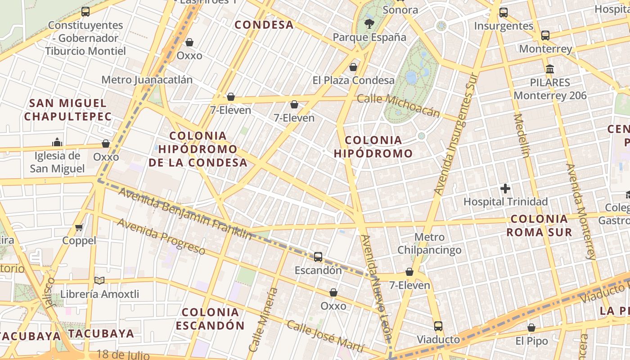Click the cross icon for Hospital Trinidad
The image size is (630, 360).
click(505, 189)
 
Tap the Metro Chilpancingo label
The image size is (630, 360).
click(429, 243)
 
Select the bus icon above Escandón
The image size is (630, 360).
click(318, 257)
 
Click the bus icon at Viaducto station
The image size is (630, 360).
click(438, 326)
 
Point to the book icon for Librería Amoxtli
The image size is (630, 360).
click(99, 281)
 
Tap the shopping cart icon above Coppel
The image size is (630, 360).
click(79, 227)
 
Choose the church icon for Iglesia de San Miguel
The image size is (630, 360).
click(57, 142)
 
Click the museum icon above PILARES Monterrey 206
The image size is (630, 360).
click(550, 69)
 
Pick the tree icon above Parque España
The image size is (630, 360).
click(369, 24)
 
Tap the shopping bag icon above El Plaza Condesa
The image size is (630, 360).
click(353, 67)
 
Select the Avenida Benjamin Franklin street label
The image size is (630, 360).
click(185, 213)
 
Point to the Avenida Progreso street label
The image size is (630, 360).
click(161, 236)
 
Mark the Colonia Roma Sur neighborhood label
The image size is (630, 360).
click(539, 225)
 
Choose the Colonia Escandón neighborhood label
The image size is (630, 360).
click(210, 319)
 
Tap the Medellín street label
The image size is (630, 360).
click(521, 135)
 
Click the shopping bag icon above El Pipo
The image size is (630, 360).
click(531, 328)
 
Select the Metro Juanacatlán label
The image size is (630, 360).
click(147, 80)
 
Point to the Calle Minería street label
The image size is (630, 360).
click(263, 319)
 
